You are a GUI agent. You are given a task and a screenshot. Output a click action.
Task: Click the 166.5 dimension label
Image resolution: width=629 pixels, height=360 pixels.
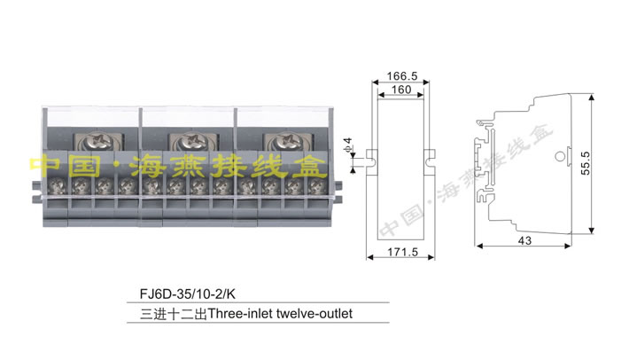click(395, 76)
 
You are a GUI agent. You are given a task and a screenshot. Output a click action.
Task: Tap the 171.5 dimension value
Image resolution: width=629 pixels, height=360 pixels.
click(402, 253)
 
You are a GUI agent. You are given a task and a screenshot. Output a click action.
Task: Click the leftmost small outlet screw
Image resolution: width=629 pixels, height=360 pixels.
click(58, 186)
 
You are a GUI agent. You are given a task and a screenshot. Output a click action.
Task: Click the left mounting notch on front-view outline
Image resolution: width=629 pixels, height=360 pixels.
click(370, 160)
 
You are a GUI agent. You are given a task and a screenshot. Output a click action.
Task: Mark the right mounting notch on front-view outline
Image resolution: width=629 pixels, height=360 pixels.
click(430, 160)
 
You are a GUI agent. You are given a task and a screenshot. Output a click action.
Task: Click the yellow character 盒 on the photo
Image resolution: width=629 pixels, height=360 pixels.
click(310, 166)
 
